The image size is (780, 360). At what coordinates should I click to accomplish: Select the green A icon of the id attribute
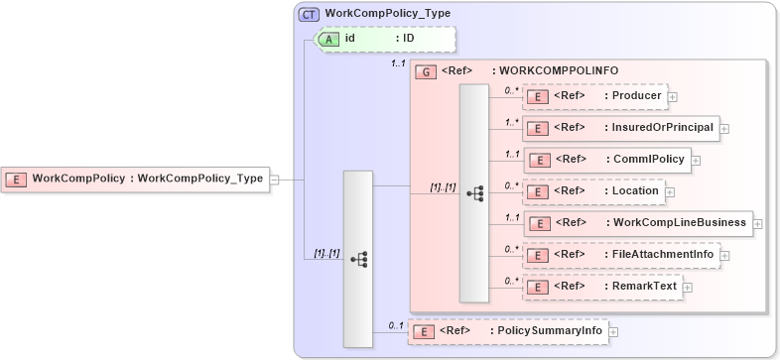[x=328, y=39]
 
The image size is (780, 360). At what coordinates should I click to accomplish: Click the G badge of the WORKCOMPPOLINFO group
[x=426, y=71]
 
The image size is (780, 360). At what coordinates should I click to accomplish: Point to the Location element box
[x=592, y=190]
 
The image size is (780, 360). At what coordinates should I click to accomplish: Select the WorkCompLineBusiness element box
[x=637, y=223]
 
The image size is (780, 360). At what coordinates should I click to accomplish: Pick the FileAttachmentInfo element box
[x=621, y=255]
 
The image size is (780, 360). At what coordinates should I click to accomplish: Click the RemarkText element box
[x=601, y=287]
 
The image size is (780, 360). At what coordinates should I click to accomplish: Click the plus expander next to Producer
[x=673, y=97]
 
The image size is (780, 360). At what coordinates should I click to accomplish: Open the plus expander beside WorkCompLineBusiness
[x=758, y=224]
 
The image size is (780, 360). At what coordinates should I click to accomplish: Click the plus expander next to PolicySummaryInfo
[x=613, y=332]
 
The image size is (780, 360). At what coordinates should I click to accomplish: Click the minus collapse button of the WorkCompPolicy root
[x=275, y=180]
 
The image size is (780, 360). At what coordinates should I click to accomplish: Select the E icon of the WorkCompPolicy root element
[x=17, y=180]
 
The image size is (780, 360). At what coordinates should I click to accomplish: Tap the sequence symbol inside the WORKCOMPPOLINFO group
[x=474, y=193]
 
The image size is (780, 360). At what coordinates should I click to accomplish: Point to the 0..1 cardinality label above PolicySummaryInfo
[x=395, y=324]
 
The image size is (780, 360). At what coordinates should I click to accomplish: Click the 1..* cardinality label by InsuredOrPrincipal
[x=512, y=122]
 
